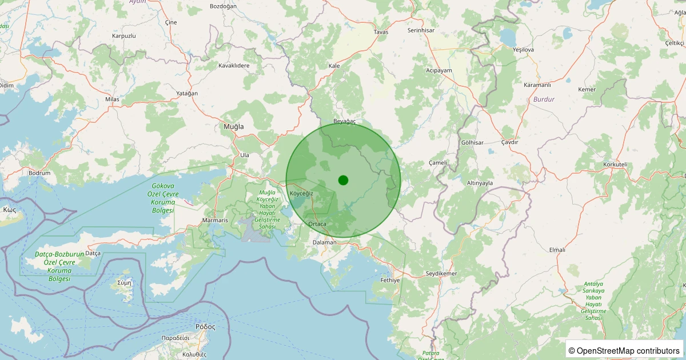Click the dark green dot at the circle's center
[x=343, y=180]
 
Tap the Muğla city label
[x=233, y=126]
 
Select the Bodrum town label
[x=39, y=173]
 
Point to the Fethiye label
[x=390, y=281]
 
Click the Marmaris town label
[x=215, y=220]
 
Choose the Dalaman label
[x=325, y=242]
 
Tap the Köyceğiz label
[x=301, y=194]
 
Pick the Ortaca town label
[x=317, y=224]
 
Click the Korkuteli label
[x=615, y=165]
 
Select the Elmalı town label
[x=557, y=250]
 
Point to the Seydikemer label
[x=441, y=274]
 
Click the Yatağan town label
[x=187, y=93]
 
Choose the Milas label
[x=112, y=99]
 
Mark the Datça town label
[x=93, y=253]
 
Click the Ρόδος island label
[x=205, y=327]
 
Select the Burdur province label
[x=543, y=99]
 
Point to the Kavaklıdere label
[x=234, y=66]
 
